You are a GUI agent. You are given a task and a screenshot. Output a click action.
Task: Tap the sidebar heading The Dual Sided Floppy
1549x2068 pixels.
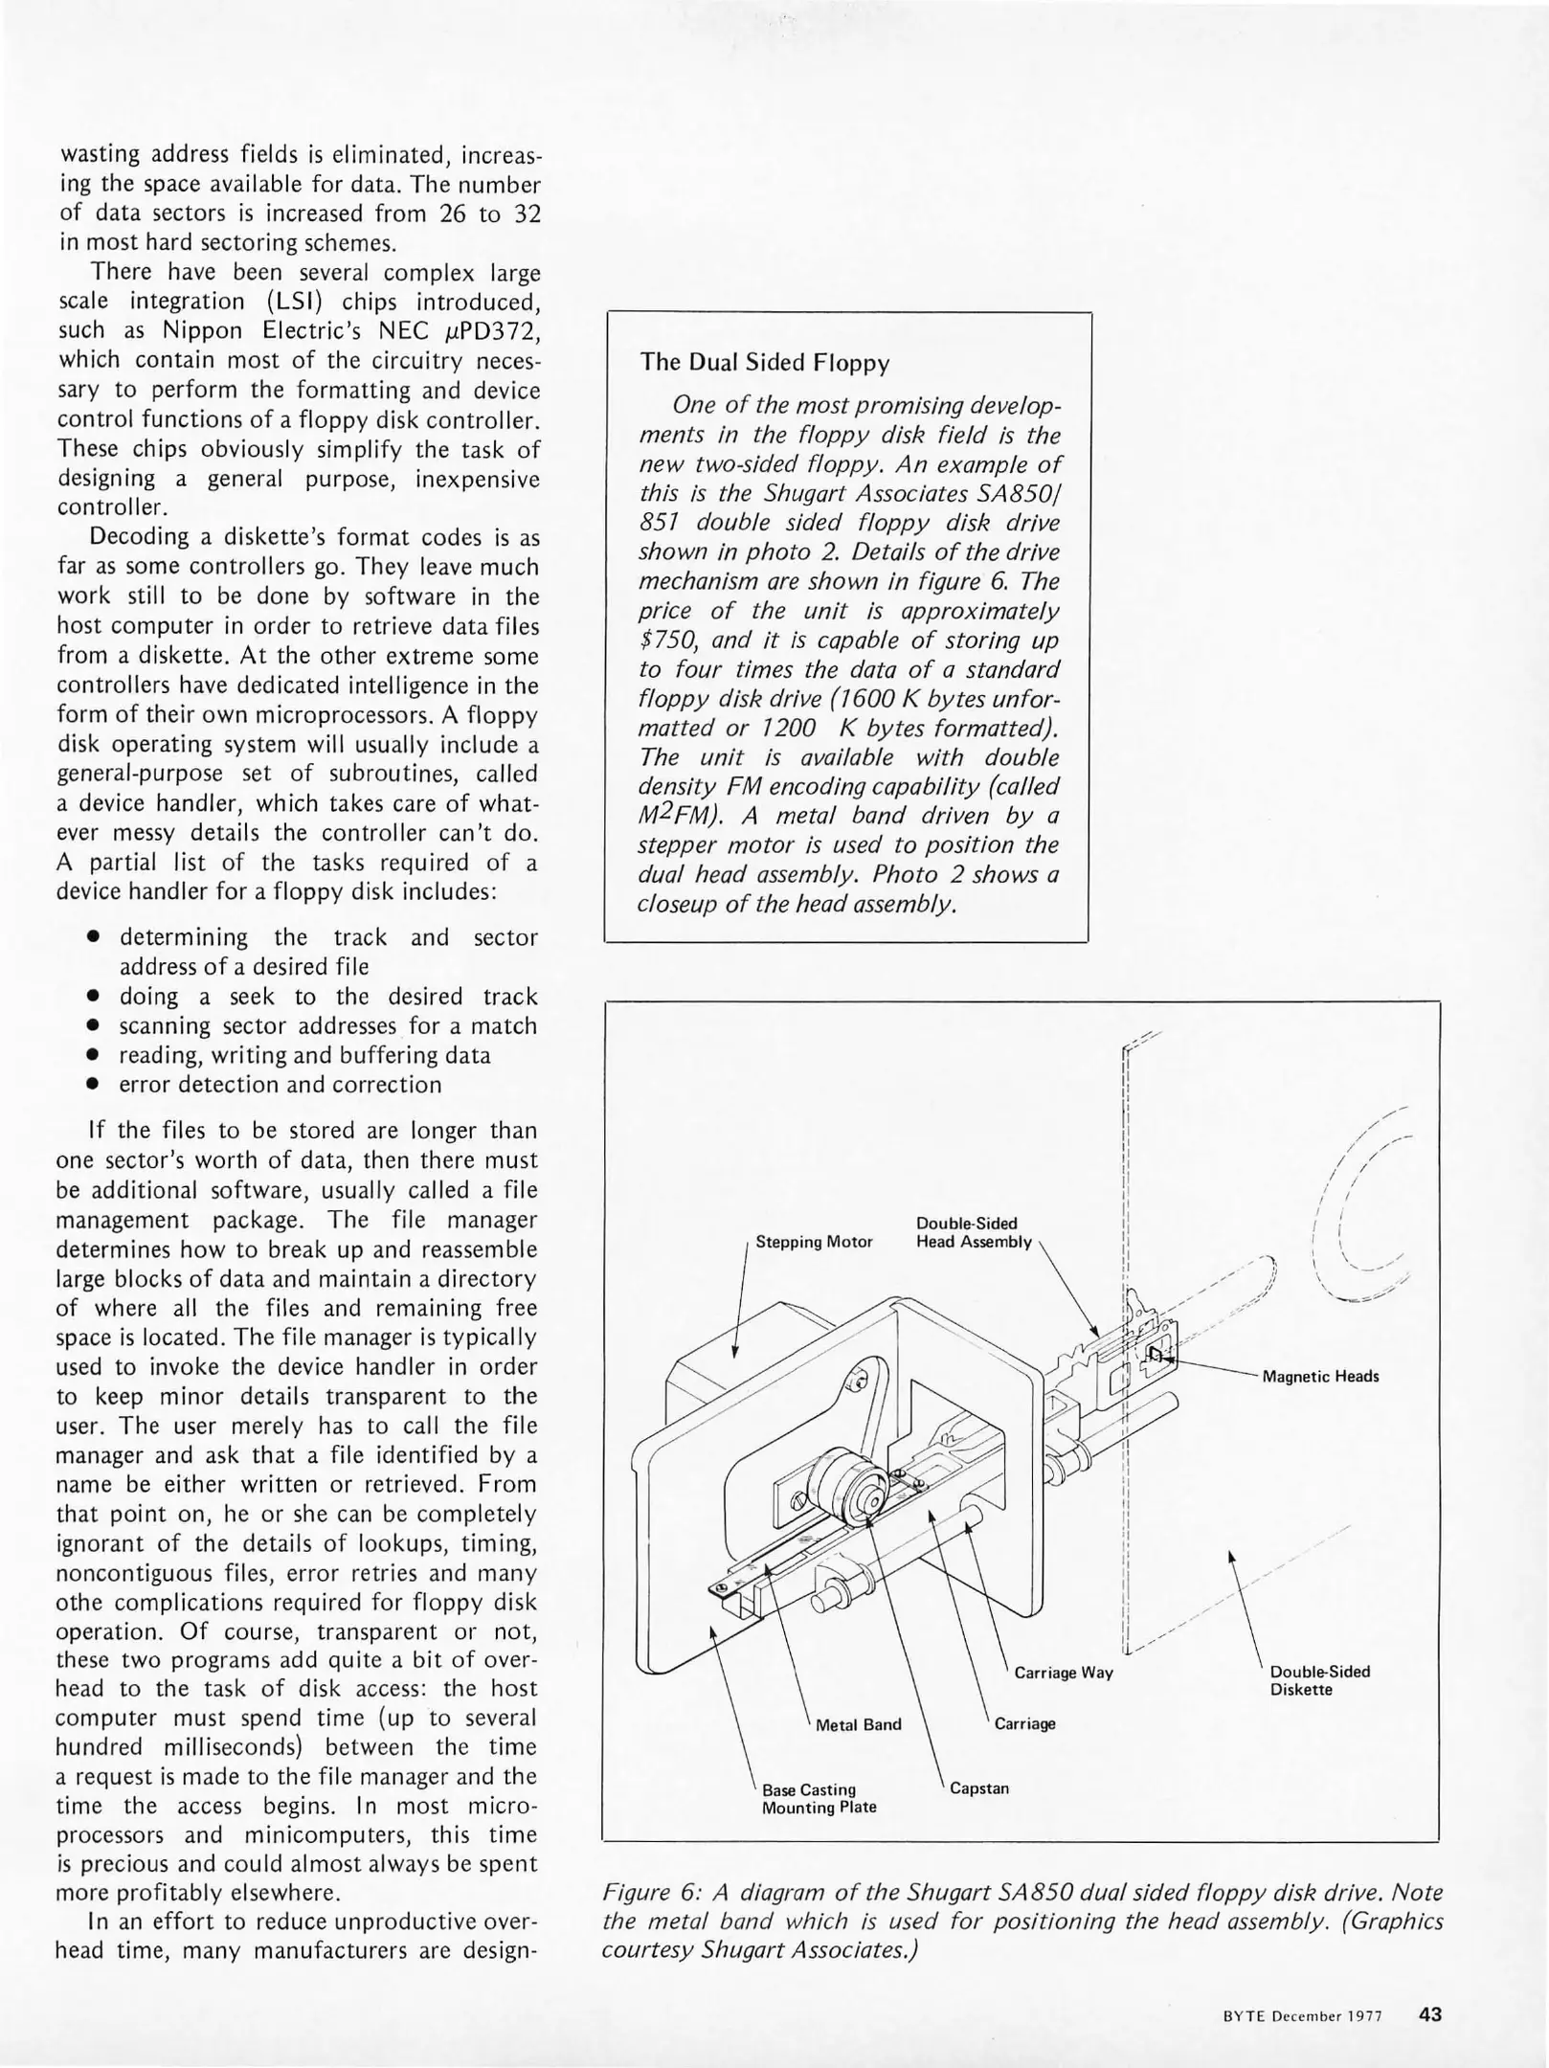click(765, 363)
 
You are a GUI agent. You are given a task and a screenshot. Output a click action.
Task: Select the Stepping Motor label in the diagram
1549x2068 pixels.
click(815, 1242)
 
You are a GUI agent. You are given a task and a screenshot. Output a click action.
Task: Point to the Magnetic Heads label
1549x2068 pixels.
click(1321, 1377)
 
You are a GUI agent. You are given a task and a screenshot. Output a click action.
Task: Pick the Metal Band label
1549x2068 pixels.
click(859, 1724)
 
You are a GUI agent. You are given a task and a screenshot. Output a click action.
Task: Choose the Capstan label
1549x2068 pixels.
click(979, 1787)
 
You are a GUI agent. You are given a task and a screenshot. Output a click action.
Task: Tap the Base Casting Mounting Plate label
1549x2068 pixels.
click(819, 1798)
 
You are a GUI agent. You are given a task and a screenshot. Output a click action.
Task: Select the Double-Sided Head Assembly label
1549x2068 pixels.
click(975, 1232)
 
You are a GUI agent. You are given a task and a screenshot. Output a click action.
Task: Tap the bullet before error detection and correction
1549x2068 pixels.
click(94, 1085)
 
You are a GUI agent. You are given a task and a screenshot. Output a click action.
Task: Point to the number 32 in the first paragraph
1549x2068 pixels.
click(528, 214)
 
